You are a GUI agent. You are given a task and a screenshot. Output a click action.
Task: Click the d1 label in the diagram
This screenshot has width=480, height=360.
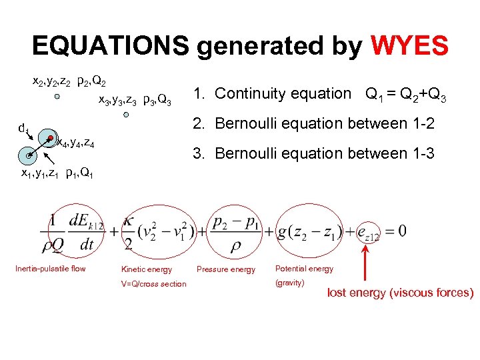point(23,127)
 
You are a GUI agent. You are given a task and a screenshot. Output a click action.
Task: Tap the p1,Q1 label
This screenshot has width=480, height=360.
point(83,174)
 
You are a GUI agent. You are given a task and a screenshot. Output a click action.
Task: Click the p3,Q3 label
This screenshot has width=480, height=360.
point(157,101)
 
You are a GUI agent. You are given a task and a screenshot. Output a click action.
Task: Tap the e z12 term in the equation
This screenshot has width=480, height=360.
point(367,231)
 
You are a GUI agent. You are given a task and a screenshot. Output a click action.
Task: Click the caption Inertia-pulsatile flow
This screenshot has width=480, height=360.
point(51,269)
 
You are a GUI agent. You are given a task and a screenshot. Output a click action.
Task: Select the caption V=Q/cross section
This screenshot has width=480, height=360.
point(153,284)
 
